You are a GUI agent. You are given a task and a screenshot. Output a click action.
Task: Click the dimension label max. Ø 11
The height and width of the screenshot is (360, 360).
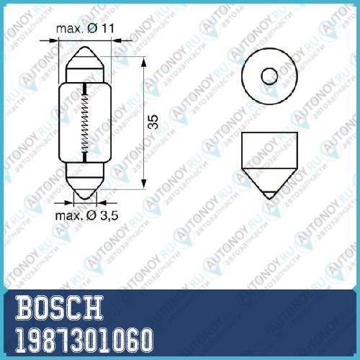click(85, 29)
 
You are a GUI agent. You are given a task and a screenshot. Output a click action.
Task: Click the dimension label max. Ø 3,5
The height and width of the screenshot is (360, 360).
click(86, 215)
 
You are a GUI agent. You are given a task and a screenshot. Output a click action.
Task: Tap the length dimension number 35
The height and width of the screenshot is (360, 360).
click(153, 122)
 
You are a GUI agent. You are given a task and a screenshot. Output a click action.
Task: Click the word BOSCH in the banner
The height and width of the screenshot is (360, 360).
click(59, 307)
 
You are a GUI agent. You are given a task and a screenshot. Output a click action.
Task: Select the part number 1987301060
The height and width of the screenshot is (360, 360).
click(84, 341)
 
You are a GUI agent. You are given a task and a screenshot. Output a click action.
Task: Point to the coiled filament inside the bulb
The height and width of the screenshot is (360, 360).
click(84, 122)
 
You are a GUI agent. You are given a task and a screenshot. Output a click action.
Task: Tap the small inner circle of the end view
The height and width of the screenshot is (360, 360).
click(269, 76)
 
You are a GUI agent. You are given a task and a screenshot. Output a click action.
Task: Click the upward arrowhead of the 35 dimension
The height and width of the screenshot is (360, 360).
click(144, 63)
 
